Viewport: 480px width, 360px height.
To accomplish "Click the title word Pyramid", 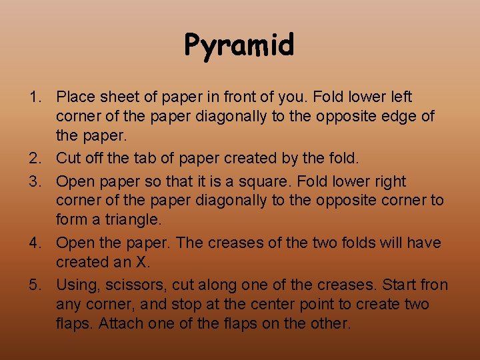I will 239,45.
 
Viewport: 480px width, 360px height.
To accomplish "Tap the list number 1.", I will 34,97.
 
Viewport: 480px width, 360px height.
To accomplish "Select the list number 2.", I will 34,159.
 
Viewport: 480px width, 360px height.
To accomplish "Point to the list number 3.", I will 34,181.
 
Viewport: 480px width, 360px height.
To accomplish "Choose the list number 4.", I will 34,243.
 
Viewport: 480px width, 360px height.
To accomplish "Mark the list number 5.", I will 34,285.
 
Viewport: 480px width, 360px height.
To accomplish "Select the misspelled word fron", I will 433,285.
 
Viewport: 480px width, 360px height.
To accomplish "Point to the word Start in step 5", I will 398,285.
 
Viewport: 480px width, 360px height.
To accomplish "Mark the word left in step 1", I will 401,97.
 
